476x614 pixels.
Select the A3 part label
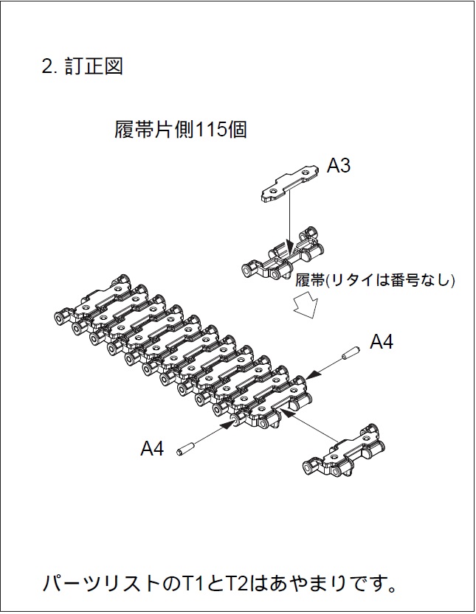[339, 166]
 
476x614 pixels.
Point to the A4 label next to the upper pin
[382, 342]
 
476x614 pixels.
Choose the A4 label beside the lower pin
[152, 448]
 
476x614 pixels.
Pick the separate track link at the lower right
[344, 450]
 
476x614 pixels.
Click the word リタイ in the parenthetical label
[350, 280]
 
